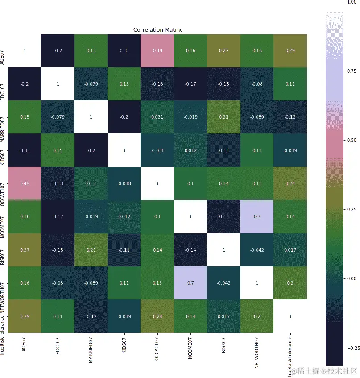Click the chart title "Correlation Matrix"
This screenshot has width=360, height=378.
pos(157,30)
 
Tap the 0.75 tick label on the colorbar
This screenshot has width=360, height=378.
pos(352,71)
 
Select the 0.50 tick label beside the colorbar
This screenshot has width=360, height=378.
pos(352,140)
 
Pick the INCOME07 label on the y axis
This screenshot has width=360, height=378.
pos(3,216)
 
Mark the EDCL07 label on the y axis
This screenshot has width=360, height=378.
pos(3,83)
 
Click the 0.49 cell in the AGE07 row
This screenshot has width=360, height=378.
pos(157,50)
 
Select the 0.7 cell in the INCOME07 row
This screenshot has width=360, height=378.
pos(257,216)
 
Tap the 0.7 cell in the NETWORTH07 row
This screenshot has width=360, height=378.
pos(190,283)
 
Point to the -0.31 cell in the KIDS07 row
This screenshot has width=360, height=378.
pos(24,150)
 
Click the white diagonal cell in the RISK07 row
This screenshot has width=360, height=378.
pos(223,250)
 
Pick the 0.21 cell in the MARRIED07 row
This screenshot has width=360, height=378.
pos(223,117)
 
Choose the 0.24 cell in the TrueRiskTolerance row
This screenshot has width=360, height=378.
pos(157,316)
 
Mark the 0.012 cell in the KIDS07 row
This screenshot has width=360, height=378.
pos(190,150)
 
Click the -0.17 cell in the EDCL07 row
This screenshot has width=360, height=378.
pos(190,83)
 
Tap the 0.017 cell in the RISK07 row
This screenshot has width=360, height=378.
pos(290,250)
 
